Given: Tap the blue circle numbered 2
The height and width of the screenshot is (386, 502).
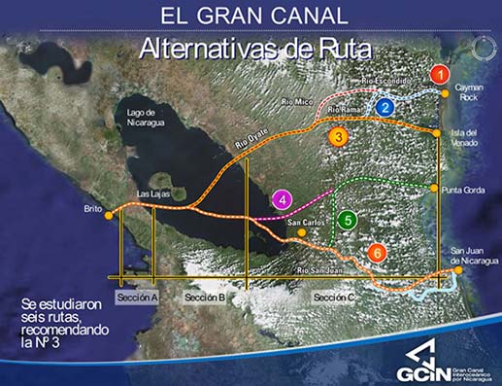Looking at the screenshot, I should (386, 107).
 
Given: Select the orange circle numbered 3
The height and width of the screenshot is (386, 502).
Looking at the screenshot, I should (337, 137).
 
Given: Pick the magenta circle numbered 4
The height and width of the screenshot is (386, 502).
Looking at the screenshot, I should (283, 201).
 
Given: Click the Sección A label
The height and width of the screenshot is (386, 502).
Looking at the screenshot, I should (136, 296).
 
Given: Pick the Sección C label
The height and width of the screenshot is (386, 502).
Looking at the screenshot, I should (334, 296).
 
